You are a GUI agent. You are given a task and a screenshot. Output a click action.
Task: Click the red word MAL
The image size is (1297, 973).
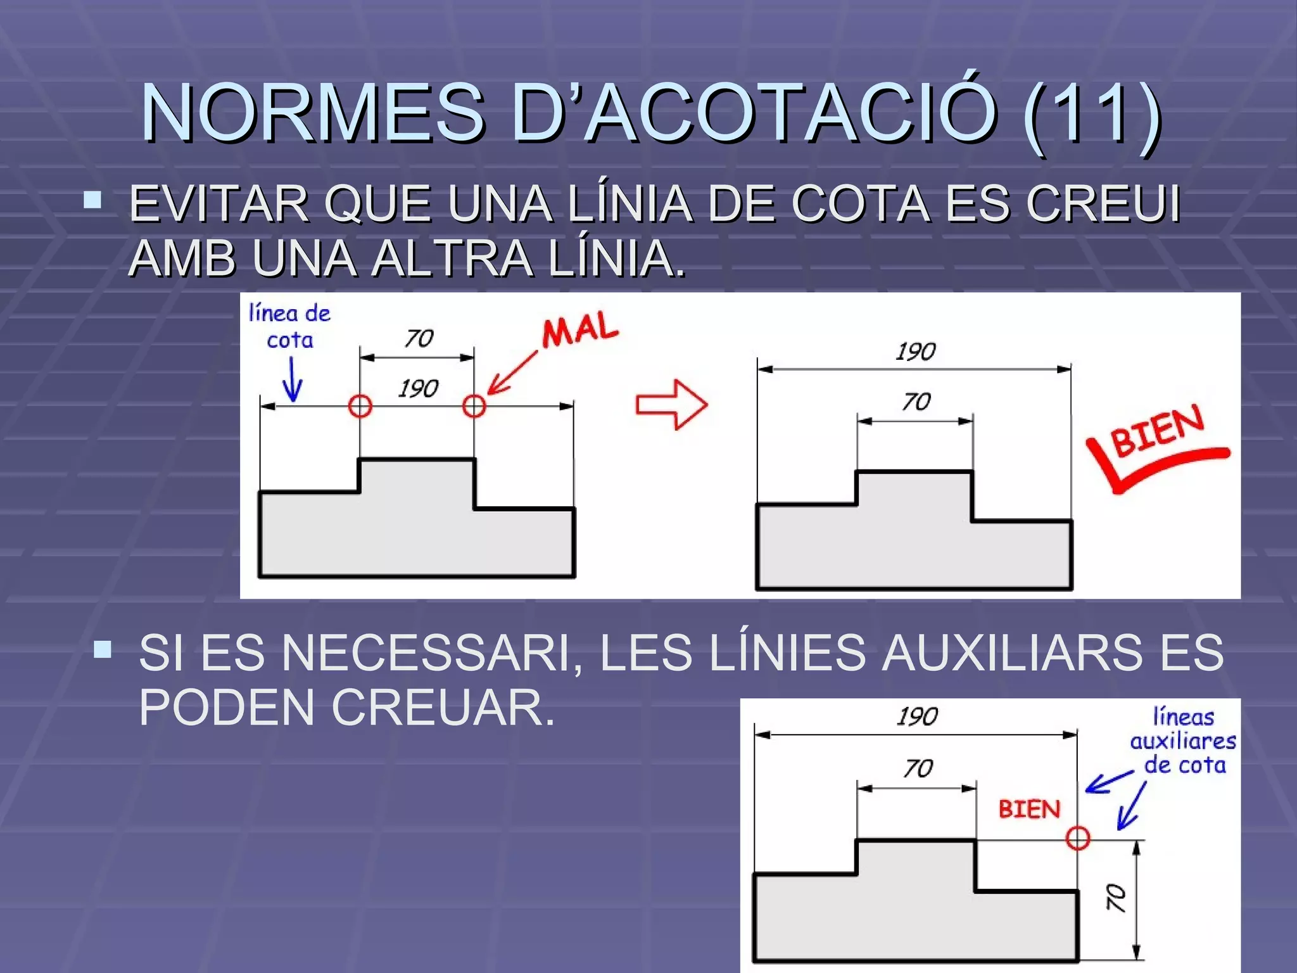(x=579, y=329)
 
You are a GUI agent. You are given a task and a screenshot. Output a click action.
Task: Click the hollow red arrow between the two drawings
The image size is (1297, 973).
(x=671, y=405)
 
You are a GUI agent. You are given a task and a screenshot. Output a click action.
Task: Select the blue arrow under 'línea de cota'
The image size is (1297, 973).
(x=292, y=380)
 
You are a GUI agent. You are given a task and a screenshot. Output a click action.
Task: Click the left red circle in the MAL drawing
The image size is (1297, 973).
(x=360, y=405)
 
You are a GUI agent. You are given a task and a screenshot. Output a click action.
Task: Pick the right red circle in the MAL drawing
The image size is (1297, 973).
(x=474, y=405)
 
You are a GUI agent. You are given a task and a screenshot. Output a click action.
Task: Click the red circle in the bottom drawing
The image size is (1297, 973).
(x=1077, y=838)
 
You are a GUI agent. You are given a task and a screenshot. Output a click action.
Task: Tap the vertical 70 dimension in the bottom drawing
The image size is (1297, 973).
(x=1116, y=898)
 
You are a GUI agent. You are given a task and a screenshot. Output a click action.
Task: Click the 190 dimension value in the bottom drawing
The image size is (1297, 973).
(x=917, y=717)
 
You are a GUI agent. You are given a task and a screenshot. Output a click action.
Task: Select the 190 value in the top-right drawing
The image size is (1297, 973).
(x=916, y=352)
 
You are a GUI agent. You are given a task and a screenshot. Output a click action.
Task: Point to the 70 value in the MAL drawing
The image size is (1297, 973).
(x=419, y=339)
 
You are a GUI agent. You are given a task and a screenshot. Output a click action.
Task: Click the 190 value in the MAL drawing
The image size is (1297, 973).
(x=418, y=388)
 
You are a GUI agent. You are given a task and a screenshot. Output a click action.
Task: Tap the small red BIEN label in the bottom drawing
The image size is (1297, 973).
(x=1029, y=810)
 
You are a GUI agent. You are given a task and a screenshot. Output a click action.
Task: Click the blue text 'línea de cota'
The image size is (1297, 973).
(x=289, y=327)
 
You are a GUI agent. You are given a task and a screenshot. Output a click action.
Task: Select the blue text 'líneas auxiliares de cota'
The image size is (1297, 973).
(x=1183, y=741)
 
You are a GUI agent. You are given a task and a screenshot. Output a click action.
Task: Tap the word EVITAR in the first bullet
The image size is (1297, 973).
(x=218, y=204)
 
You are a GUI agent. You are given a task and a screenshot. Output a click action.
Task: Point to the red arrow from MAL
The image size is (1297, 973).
(x=512, y=374)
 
